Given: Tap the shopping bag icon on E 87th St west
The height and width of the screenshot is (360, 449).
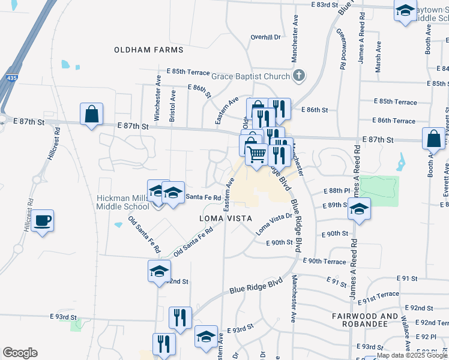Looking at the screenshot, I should (91, 114).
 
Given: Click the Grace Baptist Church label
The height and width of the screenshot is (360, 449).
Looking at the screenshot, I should (251, 76).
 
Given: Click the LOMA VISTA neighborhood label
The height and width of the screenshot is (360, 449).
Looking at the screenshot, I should (225, 218).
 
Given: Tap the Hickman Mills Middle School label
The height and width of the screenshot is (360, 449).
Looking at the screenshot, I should (123, 202).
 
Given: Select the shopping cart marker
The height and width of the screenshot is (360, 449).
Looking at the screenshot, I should (256, 154).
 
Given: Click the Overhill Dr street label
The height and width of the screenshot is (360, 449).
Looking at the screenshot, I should (266, 37).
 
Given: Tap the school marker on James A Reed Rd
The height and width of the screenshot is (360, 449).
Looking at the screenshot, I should (360, 209).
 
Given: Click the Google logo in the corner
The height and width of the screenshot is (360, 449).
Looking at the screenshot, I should (20, 353).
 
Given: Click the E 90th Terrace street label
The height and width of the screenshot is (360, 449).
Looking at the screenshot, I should (324, 262).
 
